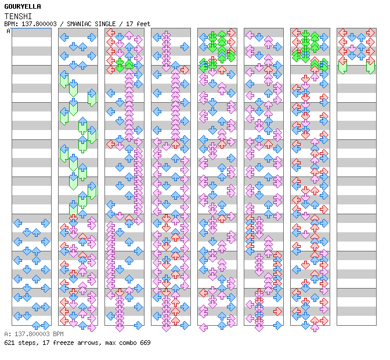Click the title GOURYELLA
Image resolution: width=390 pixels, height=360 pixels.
(23, 6)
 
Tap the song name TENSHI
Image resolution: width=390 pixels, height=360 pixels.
(18, 16)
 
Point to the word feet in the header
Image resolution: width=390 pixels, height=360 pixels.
(143, 24)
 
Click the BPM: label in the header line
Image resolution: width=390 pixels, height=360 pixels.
(11, 24)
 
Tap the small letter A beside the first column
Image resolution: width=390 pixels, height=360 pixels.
(9, 31)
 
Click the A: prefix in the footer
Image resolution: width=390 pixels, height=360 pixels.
(8, 334)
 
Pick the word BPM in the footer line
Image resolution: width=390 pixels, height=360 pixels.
(58, 334)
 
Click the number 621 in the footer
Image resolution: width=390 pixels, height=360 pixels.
(9, 343)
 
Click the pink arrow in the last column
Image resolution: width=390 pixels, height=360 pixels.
(352, 48)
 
